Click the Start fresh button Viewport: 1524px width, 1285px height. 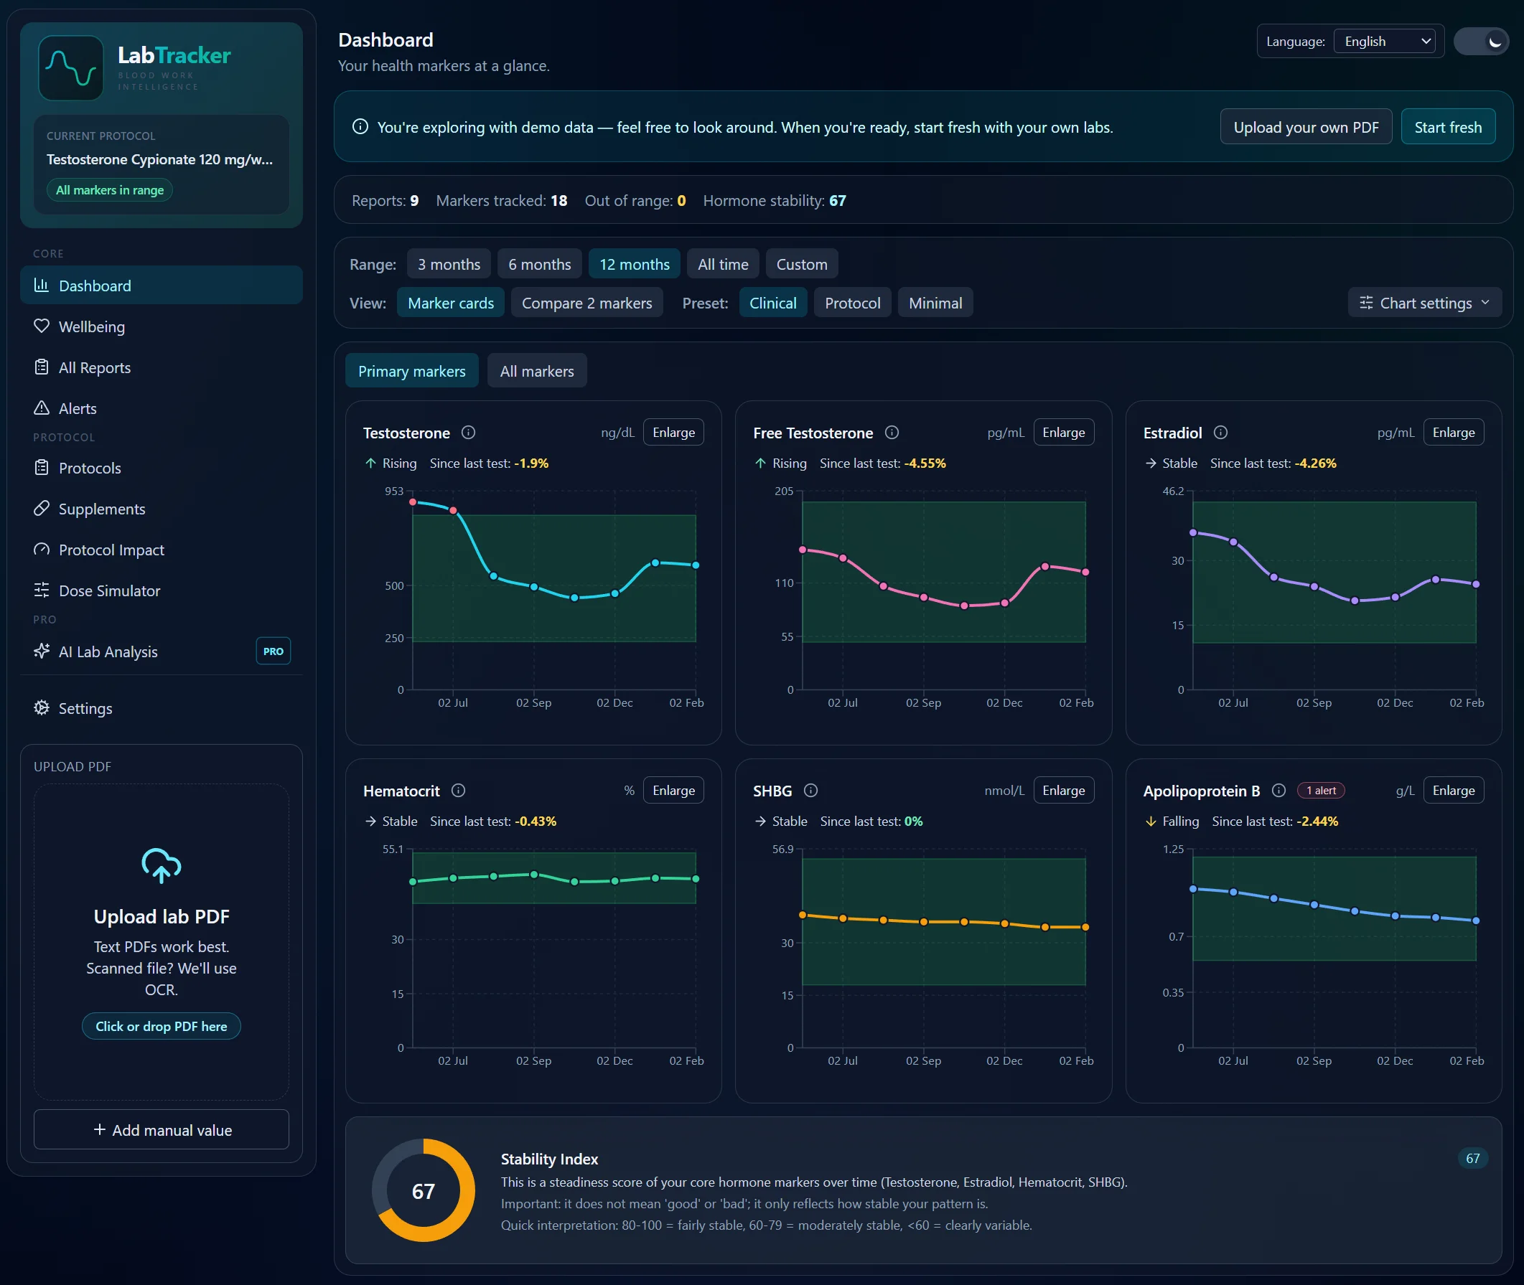(1446, 127)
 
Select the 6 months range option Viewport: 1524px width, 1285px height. (539, 264)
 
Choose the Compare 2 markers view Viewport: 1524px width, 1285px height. (586, 303)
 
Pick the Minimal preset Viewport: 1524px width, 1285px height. (935, 303)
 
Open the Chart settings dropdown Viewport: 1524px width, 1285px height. (1424, 303)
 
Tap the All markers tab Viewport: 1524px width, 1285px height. (536, 371)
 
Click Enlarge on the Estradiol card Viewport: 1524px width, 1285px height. (1453, 432)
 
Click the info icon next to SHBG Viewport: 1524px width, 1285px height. (810, 791)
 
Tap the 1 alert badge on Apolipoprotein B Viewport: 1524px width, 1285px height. (1320, 791)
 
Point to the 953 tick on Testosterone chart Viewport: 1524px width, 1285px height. (393, 491)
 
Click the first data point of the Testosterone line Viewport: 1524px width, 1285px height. (413, 502)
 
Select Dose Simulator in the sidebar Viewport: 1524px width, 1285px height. (109, 590)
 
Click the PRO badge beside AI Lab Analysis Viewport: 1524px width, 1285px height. (273, 651)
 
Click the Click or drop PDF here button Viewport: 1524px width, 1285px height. (161, 1026)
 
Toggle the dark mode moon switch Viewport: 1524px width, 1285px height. (1480, 42)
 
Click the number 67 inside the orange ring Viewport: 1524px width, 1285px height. (423, 1191)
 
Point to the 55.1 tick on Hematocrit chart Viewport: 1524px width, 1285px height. (392, 849)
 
